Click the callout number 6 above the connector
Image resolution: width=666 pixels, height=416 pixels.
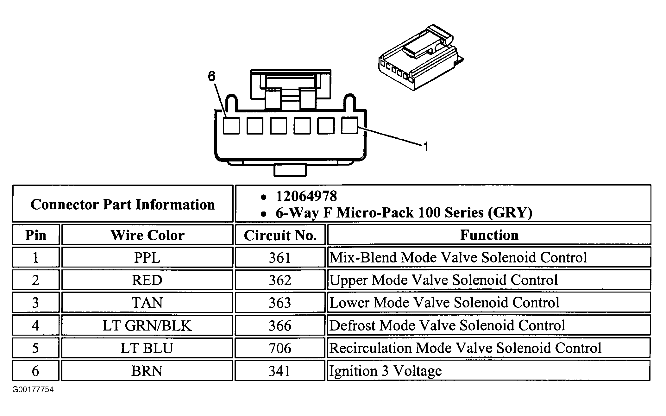pos(212,76)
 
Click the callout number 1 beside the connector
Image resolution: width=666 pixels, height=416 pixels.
pos(426,147)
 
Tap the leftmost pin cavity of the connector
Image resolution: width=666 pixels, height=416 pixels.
pos(231,126)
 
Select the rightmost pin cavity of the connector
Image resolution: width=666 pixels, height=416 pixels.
pos(349,125)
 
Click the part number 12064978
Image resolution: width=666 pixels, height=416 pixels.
pos(306,196)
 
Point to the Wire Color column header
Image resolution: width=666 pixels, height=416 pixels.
pos(147,235)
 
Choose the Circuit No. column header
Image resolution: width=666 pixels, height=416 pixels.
pos(280,235)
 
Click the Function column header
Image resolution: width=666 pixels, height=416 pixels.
pos(489,235)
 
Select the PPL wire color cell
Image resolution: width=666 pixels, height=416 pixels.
pos(147,257)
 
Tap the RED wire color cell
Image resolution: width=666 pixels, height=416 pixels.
pos(147,280)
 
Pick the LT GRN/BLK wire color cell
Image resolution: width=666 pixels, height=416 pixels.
pos(147,325)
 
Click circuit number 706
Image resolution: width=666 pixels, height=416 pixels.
pos(280,348)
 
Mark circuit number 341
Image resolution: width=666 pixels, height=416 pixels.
pos(280,371)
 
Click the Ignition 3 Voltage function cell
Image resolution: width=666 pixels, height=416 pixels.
pos(386,371)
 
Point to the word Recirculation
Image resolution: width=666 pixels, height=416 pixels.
pos(370,348)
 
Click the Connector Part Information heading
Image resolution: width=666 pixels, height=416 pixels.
pos(123,205)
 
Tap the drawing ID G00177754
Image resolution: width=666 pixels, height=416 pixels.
pos(33,389)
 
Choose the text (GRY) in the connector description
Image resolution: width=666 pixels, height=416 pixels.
pos(510,212)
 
